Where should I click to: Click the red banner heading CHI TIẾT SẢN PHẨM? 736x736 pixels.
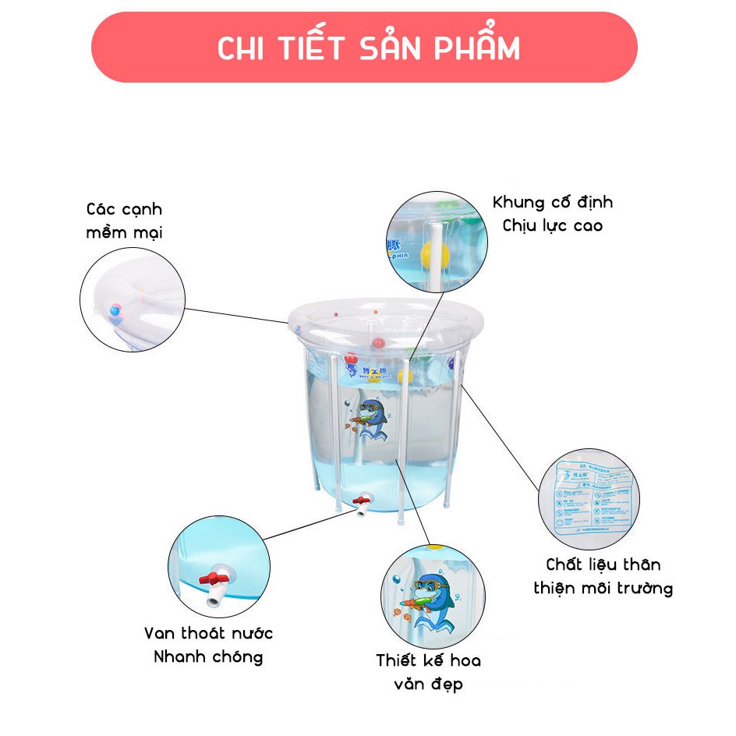[367, 48]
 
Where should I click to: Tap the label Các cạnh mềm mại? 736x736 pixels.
[125, 221]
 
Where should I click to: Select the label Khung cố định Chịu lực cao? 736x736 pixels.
[552, 214]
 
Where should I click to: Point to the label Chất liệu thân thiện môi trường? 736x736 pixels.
[603, 576]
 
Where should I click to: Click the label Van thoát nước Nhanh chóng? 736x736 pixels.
[208, 645]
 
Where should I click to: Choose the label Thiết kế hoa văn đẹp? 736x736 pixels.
[428, 672]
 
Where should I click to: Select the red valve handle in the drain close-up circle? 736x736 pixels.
[214, 579]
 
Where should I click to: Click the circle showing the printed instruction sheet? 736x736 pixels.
[588, 499]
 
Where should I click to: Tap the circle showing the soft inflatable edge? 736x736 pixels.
[133, 299]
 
